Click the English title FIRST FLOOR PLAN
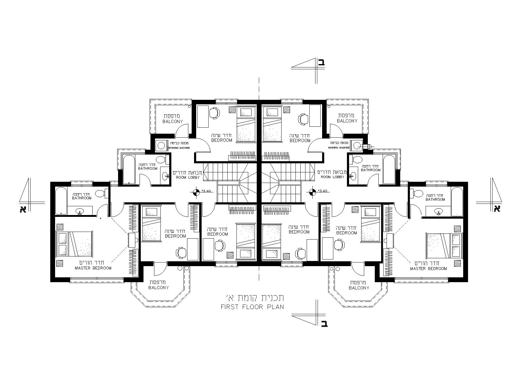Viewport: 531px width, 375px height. [x=252, y=307]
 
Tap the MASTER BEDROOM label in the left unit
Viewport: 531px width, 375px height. [x=93, y=268]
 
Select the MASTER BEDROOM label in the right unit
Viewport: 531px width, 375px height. [x=428, y=269]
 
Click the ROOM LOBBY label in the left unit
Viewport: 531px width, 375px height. [x=188, y=178]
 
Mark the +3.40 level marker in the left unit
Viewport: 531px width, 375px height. [x=196, y=191]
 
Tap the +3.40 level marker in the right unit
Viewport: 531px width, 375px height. [x=312, y=191]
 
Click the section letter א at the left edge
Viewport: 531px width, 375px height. [x=23, y=209]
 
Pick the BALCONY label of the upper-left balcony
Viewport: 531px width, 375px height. [x=173, y=122]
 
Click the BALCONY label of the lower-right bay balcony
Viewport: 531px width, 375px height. [x=359, y=288]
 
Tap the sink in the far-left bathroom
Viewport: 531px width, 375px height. [x=80, y=211]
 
